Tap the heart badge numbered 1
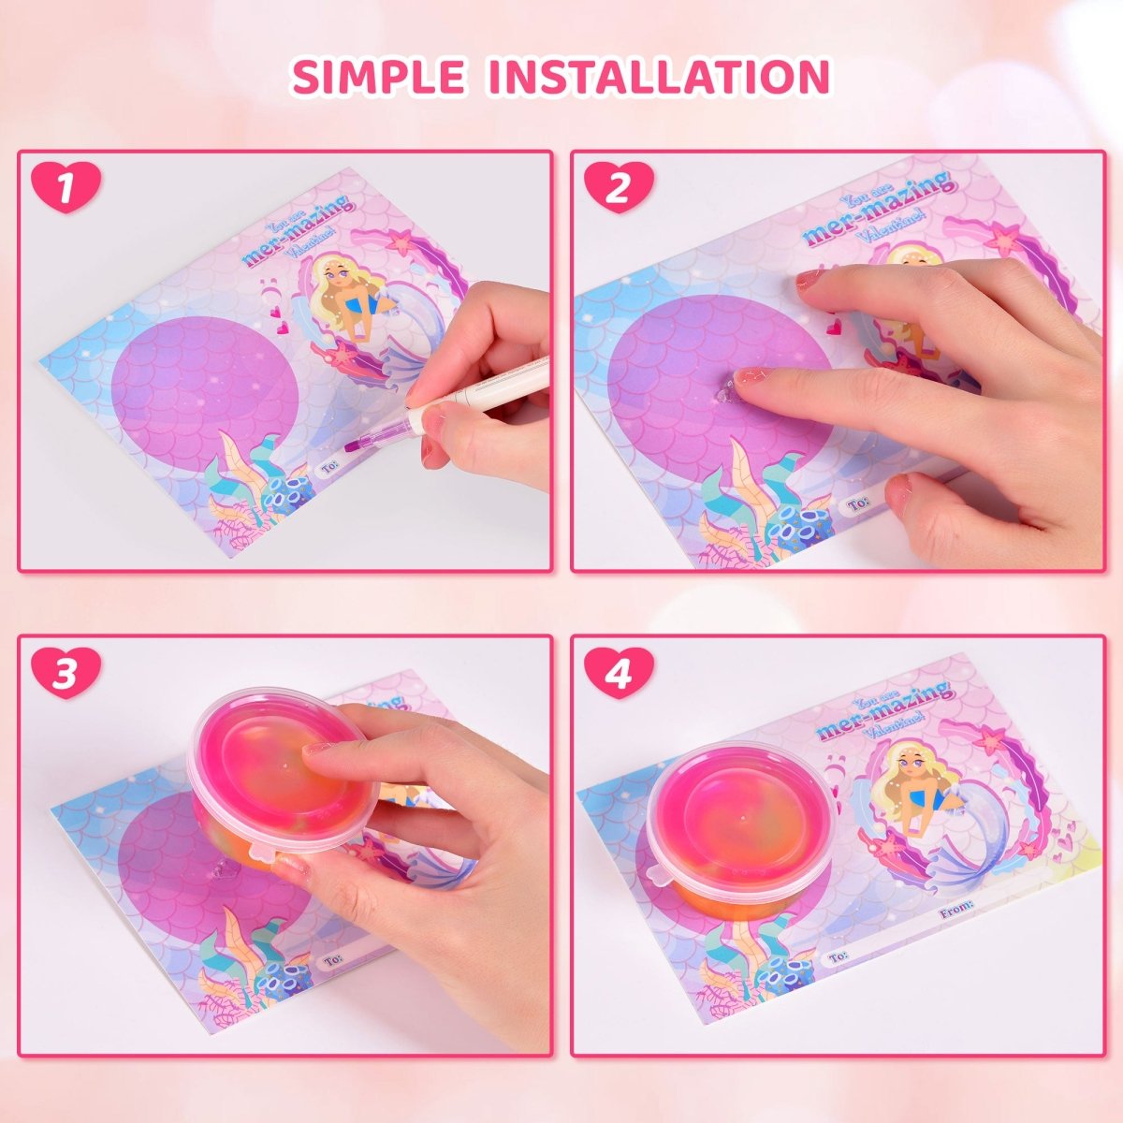[x=65, y=187]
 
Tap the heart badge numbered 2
[x=619, y=187]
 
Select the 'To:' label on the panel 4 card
[x=839, y=955]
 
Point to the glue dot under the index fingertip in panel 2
[x=726, y=393]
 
